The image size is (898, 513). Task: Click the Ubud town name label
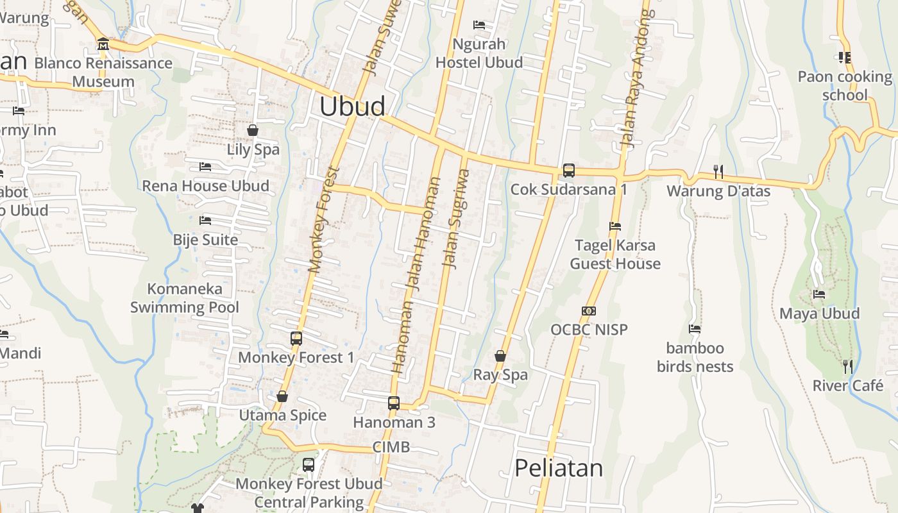tap(352, 106)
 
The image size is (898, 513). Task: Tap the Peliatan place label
tap(559, 468)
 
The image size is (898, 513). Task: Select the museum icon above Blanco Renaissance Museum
tap(103, 44)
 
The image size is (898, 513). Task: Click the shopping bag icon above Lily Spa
tap(253, 130)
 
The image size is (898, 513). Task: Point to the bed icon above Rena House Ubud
tap(205, 167)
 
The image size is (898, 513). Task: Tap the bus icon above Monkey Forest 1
tap(296, 338)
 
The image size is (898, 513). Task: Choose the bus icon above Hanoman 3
tap(394, 403)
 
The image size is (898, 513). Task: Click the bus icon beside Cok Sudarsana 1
tap(569, 171)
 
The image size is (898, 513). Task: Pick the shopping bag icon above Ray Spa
tap(500, 356)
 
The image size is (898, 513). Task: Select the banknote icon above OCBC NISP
tap(589, 311)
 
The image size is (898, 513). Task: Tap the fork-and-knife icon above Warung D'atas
tap(718, 171)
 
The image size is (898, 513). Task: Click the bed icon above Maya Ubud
tap(819, 294)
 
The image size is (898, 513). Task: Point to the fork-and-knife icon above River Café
tap(848, 367)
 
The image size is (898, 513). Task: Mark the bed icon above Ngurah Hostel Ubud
tap(479, 25)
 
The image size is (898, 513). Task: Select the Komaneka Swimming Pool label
tap(185, 298)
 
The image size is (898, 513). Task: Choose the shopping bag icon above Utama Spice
tap(282, 396)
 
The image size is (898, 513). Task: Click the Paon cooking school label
tap(845, 86)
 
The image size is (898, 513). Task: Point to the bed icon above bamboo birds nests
tap(695, 329)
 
